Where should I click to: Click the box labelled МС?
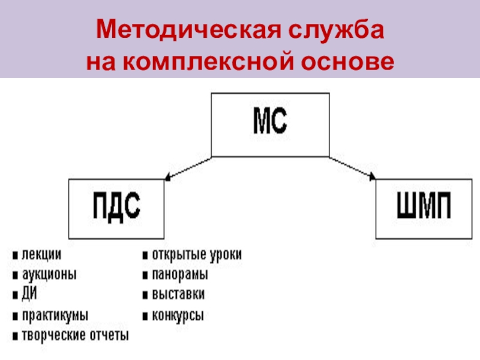pyautogui.click(x=269, y=124)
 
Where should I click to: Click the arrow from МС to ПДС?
pyautogui.click(x=188, y=168)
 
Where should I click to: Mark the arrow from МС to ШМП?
pyautogui.click(x=353, y=168)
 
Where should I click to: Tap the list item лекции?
pyautogui.click(x=41, y=255)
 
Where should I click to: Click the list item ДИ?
pyautogui.click(x=29, y=294)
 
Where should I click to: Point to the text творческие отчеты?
pyautogui.click(x=75, y=335)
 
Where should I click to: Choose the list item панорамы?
pyautogui.click(x=180, y=275)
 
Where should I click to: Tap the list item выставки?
pyautogui.click(x=178, y=295)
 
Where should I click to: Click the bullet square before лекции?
pyautogui.click(x=14, y=256)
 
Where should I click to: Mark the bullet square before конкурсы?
pyautogui.click(x=145, y=316)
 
